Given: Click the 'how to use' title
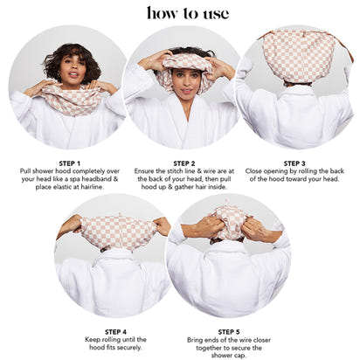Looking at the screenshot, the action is pyautogui.click(x=188, y=13).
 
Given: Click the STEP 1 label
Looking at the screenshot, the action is pyautogui.click(x=69, y=163).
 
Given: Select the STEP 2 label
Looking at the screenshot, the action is pyautogui.click(x=184, y=163).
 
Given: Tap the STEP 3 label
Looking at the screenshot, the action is pyautogui.click(x=294, y=163).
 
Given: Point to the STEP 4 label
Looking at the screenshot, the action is pyautogui.click(x=115, y=332).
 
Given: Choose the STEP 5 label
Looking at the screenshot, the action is pyautogui.click(x=229, y=332).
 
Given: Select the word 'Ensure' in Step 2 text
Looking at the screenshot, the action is pyautogui.click(x=144, y=171).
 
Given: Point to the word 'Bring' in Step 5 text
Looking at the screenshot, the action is pyautogui.click(x=196, y=340).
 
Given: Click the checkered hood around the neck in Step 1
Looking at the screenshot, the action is pyautogui.click(x=73, y=99).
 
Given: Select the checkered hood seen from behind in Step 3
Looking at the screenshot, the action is pyautogui.click(x=299, y=56).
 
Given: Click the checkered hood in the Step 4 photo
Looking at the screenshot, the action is pyautogui.click(x=118, y=232).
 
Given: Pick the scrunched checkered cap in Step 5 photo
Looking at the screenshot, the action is pyautogui.click(x=230, y=222).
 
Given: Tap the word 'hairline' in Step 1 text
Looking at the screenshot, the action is pyautogui.click(x=91, y=187).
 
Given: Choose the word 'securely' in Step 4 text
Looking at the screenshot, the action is pyautogui.click(x=130, y=348).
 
